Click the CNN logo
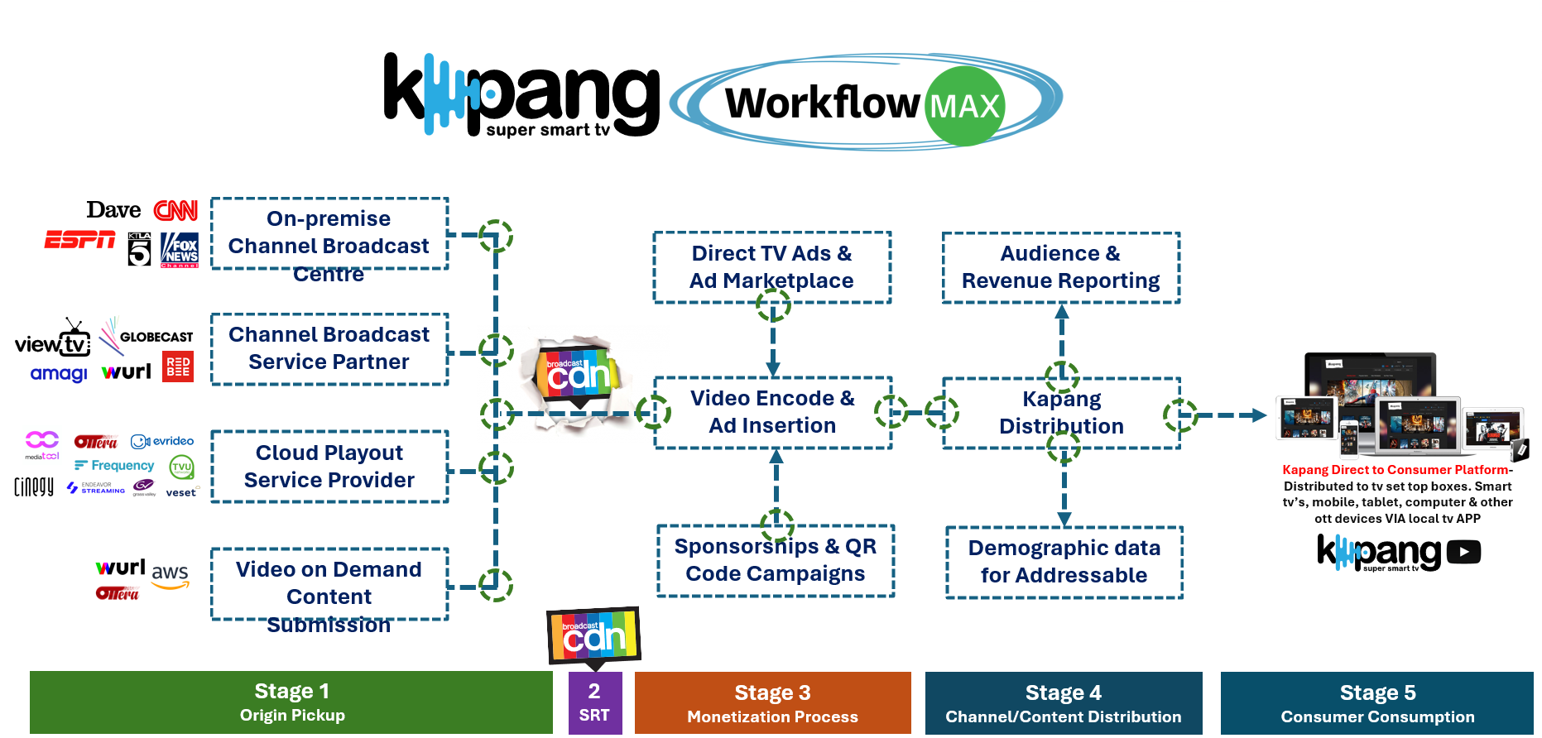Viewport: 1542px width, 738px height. pyautogui.click(x=175, y=210)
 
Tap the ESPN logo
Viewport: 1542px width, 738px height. pyautogui.click(x=79, y=240)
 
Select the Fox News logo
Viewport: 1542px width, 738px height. pyautogui.click(x=180, y=250)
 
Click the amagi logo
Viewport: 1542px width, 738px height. pyautogui.click(x=59, y=373)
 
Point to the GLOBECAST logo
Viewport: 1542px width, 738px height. pyautogui.click(x=147, y=337)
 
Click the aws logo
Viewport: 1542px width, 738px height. pyautogui.click(x=170, y=574)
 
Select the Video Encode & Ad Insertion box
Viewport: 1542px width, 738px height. pyautogui.click(x=772, y=412)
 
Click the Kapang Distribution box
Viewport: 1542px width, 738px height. pyautogui.click(x=1061, y=413)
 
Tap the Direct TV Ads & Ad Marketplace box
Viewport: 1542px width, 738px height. pyautogui.click(x=771, y=267)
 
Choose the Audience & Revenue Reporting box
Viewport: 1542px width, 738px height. pyautogui.click(x=1060, y=267)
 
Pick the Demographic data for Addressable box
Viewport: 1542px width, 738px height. pyautogui.click(x=1064, y=562)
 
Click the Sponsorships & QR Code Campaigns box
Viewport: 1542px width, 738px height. pyautogui.click(x=776, y=560)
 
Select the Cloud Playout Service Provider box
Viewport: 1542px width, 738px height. pyautogui.click(x=329, y=467)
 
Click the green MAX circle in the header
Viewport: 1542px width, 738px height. pyautogui.click(x=964, y=106)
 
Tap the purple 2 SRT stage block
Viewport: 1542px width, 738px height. pyautogui.click(x=594, y=702)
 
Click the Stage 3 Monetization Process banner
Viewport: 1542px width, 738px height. pyautogui.click(x=772, y=702)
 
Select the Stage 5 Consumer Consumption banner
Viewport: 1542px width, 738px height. pyautogui.click(x=1377, y=702)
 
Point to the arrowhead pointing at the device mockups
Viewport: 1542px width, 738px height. pyautogui.click(x=1259, y=415)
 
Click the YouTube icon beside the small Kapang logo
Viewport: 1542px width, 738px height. pyautogui.click(x=1463, y=552)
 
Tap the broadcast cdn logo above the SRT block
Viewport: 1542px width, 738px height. pyautogui.click(x=593, y=636)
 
